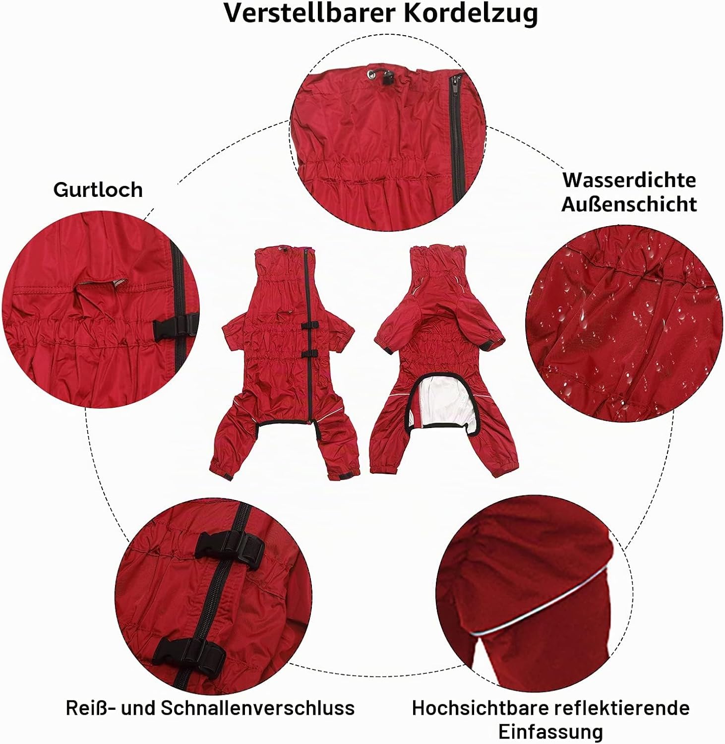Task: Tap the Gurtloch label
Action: [98, 190]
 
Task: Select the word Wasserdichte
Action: [629, 180]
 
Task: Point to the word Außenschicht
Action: [629, 204]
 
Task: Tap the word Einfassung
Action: [550, 732]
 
